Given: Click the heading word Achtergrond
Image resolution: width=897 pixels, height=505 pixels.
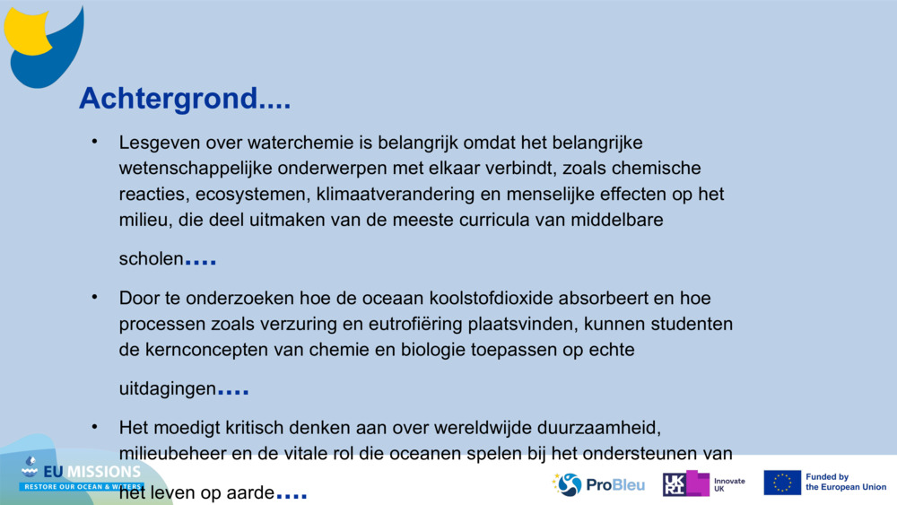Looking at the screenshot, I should [168, 99].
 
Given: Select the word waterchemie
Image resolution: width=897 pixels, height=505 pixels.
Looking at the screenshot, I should [290, 143].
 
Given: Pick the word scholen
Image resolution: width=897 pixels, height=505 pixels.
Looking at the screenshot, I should [151, 259].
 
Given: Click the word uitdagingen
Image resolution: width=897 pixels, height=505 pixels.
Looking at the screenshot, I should [168, 389].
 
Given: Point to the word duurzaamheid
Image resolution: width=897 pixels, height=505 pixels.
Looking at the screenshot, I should [597, 428].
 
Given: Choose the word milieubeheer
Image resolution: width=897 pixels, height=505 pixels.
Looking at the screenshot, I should [171, 454].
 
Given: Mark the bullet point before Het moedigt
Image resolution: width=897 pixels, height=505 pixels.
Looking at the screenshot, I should [94, 426].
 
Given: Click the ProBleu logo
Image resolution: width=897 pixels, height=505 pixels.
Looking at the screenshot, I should [599, 484].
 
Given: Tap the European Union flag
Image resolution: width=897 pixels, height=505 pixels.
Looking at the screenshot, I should [782, 483].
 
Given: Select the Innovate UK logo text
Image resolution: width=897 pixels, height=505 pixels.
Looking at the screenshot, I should [728, 484].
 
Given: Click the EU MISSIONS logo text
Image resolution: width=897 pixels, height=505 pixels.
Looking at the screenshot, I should [94, 471].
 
